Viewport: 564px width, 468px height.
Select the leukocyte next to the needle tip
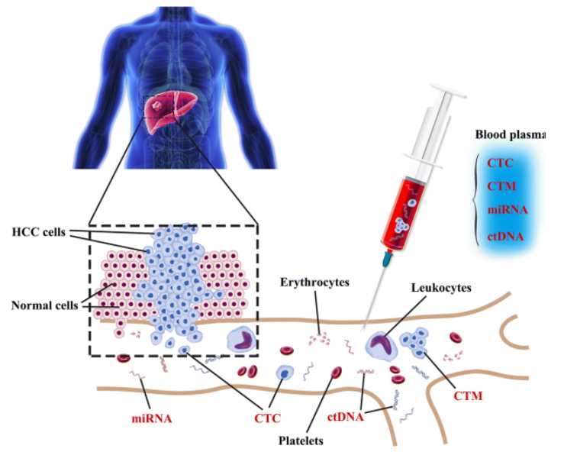coord(382,344)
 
